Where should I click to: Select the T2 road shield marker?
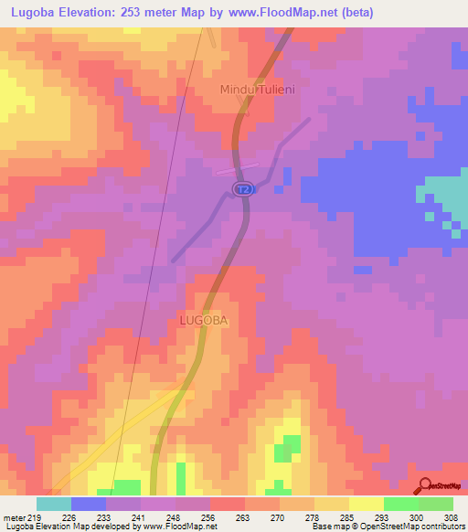[241, 188]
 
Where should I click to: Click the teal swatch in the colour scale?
[54, 504]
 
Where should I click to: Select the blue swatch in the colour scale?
[89, 504]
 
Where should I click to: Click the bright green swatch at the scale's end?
[436, 504]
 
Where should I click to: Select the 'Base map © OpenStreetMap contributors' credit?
[388, 527]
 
